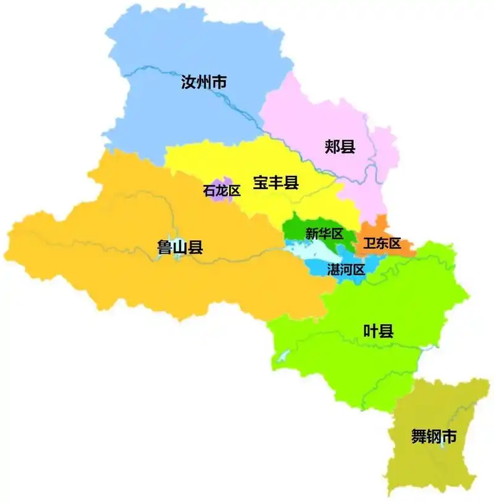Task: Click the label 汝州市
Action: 203,82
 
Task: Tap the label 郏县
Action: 340,146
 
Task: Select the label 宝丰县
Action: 275,182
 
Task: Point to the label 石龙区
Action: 222,191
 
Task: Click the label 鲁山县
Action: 180,248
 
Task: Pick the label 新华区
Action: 324,234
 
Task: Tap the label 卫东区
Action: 382,243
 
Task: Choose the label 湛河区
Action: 346,269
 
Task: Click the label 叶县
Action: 378,331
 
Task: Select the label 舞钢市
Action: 434,437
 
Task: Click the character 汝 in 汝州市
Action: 188,82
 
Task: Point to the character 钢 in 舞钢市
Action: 434,437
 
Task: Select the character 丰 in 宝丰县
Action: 275,182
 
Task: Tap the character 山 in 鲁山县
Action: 180,248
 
